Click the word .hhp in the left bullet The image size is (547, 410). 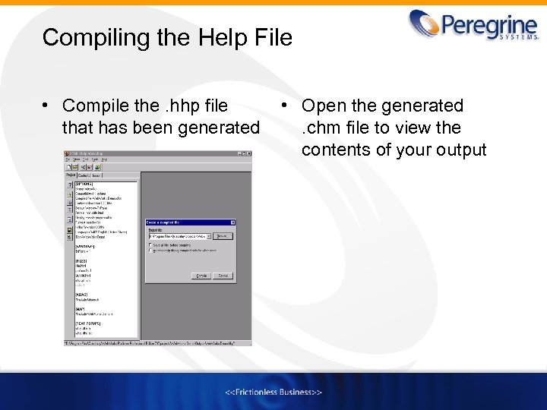177,106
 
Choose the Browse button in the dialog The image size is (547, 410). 222,236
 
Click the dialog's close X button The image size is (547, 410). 232,222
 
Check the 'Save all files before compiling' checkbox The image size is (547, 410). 149,244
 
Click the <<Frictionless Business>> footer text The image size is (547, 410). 273,392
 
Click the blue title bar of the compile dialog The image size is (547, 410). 182,222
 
